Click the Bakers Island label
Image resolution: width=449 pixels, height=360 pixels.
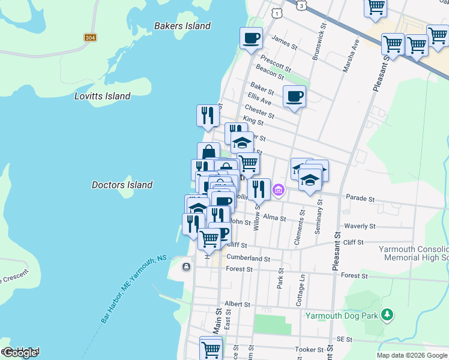click(182, 26)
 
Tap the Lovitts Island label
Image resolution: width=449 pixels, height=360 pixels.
click(102, 96)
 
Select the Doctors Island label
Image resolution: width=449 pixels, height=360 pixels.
click(122, 185)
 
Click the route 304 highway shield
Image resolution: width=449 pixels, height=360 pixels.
click(90, 38)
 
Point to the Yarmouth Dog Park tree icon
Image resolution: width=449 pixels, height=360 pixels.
click(388, 314)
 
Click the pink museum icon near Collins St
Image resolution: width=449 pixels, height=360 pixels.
click(278, 191)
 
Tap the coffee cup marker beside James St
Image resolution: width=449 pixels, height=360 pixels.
click(251, 38)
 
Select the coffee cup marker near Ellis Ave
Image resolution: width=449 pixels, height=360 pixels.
click(294, 96)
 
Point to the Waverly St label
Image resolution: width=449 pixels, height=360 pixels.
click(360, 226)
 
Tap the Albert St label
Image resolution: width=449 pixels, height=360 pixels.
click(237, 304)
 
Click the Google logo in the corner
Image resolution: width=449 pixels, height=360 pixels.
click(20, 353)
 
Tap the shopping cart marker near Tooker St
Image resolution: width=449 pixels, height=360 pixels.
click(211, 347)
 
